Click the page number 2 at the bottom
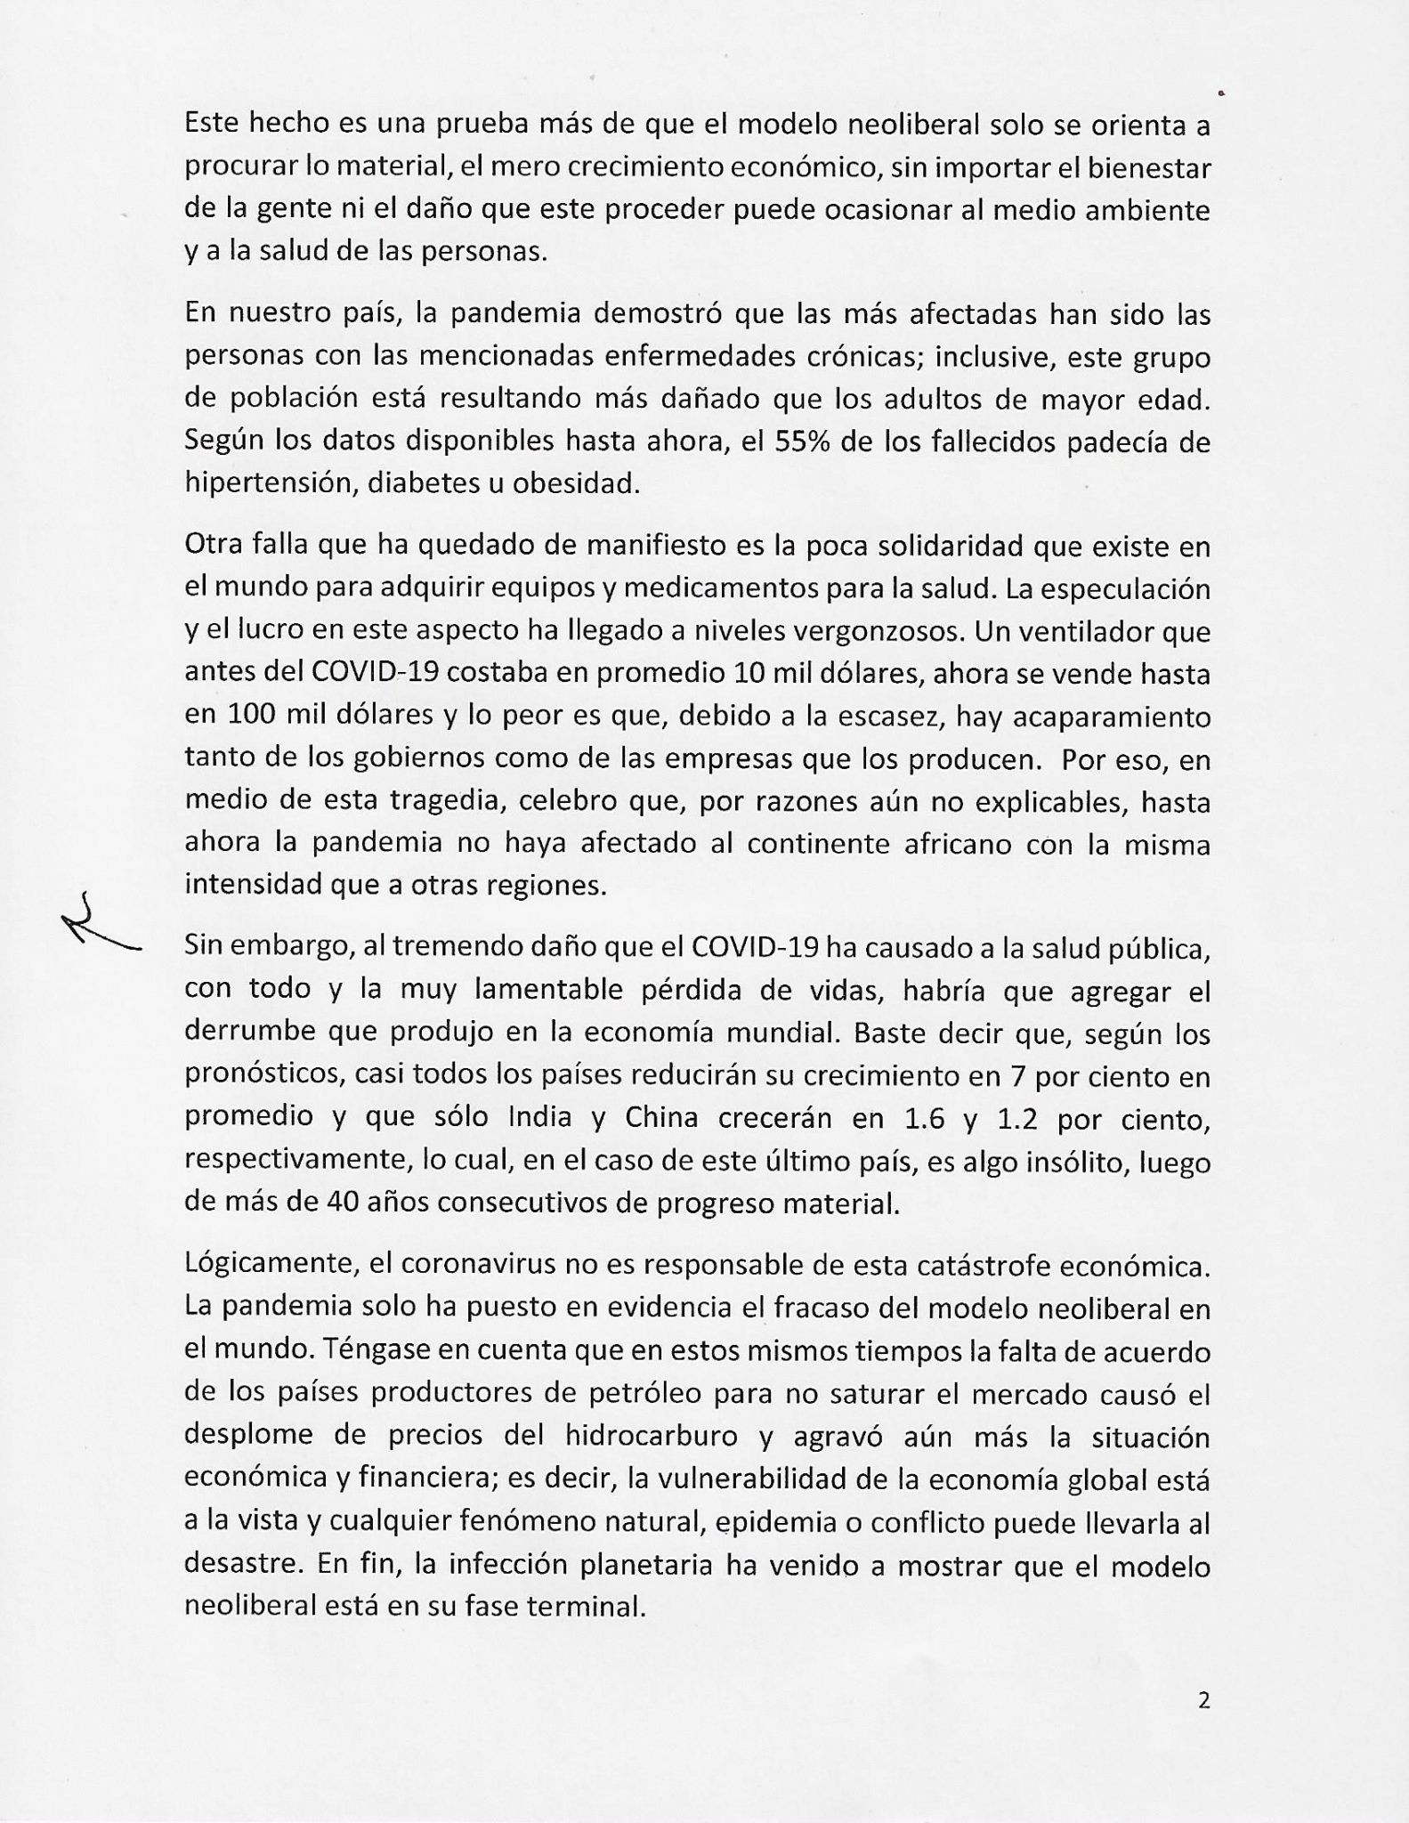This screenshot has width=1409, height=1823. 1203,1701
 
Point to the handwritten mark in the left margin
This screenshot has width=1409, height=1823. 99,927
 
